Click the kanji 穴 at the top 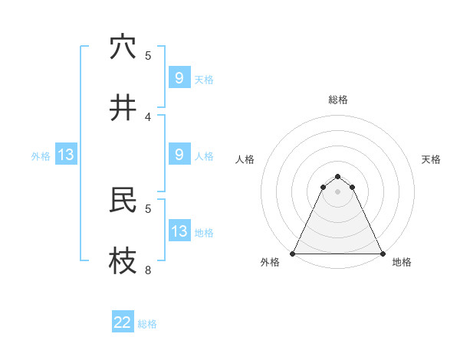click(x=123, y=47)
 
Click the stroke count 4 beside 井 click(x=148, y=117)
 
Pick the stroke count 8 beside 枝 click(x=148, y=270)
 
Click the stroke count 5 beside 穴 click(x=148, y=56)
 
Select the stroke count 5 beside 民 click(x=148, y=208)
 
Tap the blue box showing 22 click(x=123, y=322)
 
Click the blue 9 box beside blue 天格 click(x=179, y=78)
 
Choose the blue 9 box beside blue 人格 click(x=179, y=155)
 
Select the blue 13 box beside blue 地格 click(x=179, y=231)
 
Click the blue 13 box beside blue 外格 click(x=65, y=155)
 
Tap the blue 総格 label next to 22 click(x=147, y=324)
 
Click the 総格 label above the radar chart click(x=337, y=100)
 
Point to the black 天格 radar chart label click(x=431, y=159)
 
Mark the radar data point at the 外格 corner click(x=293, y=254)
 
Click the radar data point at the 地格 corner click(x=382, y=254)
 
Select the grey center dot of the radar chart click(x=337, y=191)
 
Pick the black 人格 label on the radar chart click(x=245, y=159)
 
